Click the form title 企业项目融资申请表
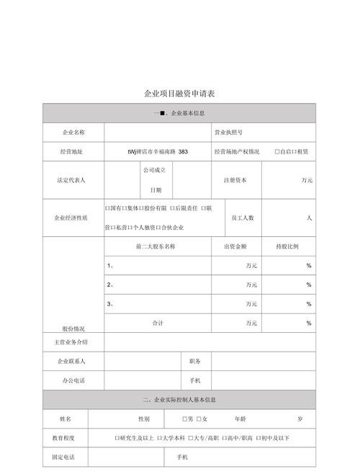point(179,94)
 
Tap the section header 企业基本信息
point(184,113)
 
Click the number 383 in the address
point(183,152)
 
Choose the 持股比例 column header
point(287,246)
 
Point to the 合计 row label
point(158,323)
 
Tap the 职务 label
point(195,361)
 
